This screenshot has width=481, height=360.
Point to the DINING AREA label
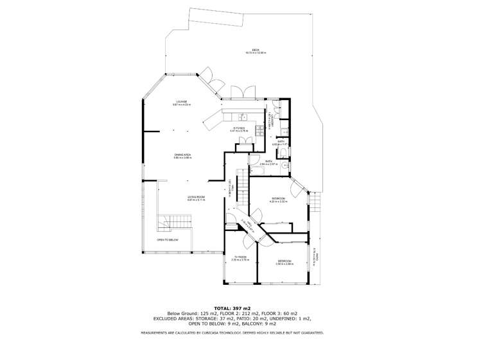click(182, 155)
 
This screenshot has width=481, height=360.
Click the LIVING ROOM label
click(196, 197)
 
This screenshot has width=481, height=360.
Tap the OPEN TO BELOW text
click(168, 240)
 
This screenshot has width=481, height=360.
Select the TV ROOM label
click(240, 257)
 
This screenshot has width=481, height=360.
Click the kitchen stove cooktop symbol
click(259, 130)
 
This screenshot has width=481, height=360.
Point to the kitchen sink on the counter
click(243, 117)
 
